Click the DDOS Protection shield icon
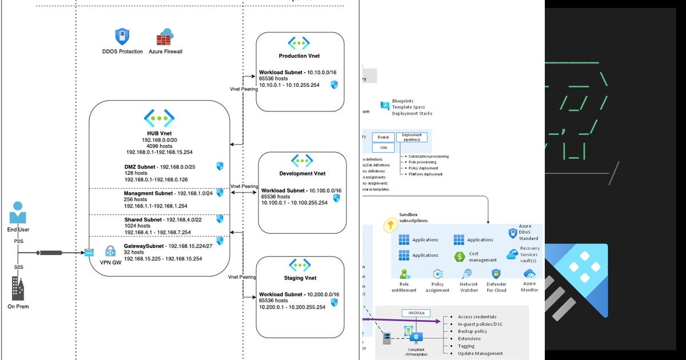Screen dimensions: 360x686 122,37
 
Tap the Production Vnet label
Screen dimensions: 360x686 299,56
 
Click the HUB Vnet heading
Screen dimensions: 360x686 158,133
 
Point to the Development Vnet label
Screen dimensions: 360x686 302,174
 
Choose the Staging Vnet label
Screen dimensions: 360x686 300,278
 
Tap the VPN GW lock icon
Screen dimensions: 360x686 110,251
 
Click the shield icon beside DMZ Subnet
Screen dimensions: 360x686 220,166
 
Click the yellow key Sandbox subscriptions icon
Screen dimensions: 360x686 390,225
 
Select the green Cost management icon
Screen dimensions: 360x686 459,257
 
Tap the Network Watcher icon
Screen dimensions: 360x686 468,274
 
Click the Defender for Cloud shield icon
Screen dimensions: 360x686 496,274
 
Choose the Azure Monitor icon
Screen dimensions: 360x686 529,274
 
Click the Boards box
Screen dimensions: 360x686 383,137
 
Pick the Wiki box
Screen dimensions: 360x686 383,148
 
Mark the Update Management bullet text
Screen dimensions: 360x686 480,353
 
